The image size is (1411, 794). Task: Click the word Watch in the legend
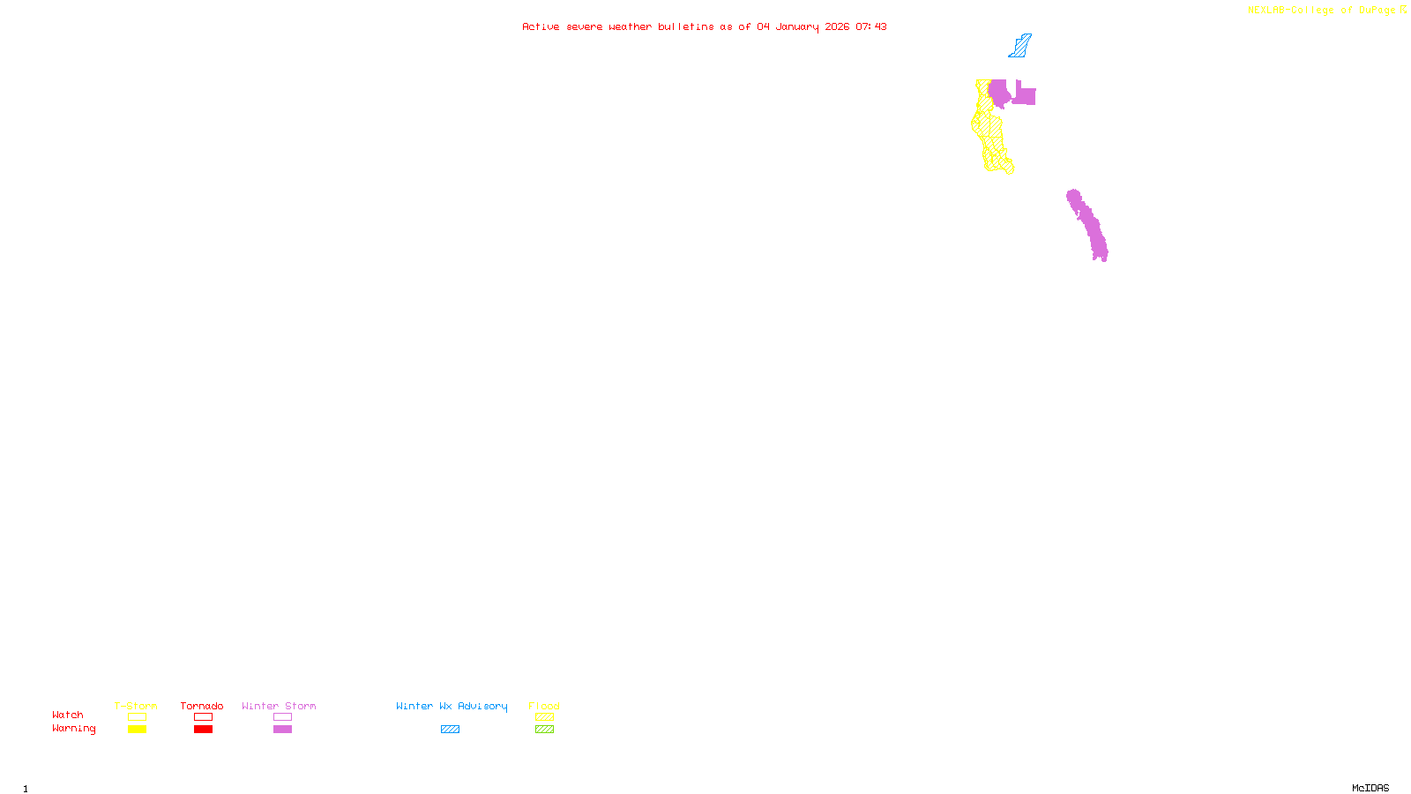[68, 715]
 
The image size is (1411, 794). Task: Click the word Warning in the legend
[73, 729]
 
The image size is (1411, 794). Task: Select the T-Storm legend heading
[136, 706]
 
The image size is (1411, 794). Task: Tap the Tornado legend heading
[202, 706]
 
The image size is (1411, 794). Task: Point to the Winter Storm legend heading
[279, 706]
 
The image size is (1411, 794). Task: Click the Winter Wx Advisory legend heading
[452, 706]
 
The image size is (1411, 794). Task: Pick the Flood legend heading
[544, 706]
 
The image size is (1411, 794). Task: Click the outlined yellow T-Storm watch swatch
[137, 717]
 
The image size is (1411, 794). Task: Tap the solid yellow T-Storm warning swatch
[137, 730]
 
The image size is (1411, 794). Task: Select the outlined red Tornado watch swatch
[203, 717]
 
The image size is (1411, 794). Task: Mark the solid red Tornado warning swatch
[203, 730]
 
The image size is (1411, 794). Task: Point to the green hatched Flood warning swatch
[544, 730]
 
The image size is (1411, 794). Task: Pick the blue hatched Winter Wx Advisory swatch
[450, 730]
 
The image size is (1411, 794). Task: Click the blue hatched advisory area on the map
[1020, 47]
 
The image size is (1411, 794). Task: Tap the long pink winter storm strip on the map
[1090, 226]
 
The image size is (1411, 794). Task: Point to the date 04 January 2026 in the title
[803, 27]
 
